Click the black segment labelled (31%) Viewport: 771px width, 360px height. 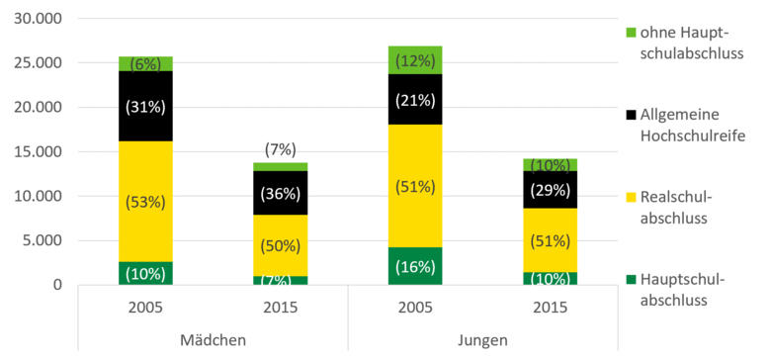(x=145, y=106)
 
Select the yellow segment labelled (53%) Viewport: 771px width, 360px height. (x=145, y=201)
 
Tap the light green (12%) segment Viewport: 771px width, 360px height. (x=414, y=59)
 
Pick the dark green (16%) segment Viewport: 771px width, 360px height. (x=414, y=265)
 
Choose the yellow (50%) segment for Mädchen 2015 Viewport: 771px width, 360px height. (x=281, y=245)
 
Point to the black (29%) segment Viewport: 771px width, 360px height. (x=550, y=189)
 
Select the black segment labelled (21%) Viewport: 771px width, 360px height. (x=414, y=99)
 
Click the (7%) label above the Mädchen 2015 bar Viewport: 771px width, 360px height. (x=281, y=148)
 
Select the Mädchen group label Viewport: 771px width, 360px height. (x=214, y=340)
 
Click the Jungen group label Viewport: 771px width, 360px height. (x=481, y=340)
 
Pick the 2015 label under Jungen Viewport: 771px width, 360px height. (x=550, y=309)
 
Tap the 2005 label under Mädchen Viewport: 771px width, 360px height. (x=145, y=309)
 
